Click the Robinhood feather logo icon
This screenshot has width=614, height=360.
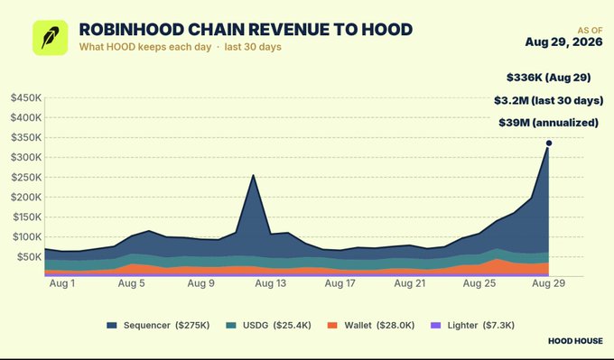pos(51,38)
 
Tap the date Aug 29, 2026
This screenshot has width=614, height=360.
pos(563,42)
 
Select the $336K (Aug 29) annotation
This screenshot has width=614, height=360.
pos(548,78)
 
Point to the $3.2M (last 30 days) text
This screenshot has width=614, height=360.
pos(548,100)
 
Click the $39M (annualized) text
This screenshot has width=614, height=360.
pos(548,123)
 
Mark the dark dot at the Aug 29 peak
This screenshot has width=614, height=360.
pos(549,143)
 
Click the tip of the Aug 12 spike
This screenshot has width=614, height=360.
pos(253,175)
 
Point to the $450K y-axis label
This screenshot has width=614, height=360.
pos(26,97)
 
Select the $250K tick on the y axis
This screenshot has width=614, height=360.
pos(26,178)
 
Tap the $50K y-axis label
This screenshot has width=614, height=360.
pos(29,257)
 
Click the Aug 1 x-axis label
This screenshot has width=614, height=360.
pos(62,283)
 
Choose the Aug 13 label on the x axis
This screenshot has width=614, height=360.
pos(271,283)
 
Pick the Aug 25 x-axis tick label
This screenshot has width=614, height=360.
pos(479,283)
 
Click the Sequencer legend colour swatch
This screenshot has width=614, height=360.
pos(112,326)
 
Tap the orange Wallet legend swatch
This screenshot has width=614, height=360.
pos(332,326)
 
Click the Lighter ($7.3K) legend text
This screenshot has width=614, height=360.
pos(481,326)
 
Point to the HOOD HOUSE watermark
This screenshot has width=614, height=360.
pos(575,341)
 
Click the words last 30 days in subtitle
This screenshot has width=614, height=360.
pos(253,47)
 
